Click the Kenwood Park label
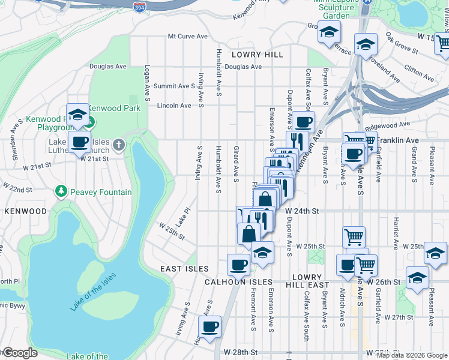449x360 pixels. click(x=115, y=108)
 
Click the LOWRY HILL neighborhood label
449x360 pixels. click(x=259, y=55)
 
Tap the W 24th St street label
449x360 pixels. click(x=301, y=211)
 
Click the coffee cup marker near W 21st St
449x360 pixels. click(x=79, y=143)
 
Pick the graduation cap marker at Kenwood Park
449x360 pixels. click(x=77, y=115)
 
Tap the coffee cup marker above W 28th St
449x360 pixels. click(x=210, y=327)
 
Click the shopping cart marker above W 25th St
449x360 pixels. click(x=354, y=236)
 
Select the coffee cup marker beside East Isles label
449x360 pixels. click(x=238, y=264)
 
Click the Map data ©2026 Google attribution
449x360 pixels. click(x=412, y=355)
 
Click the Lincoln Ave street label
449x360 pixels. click(x=173, y=105)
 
